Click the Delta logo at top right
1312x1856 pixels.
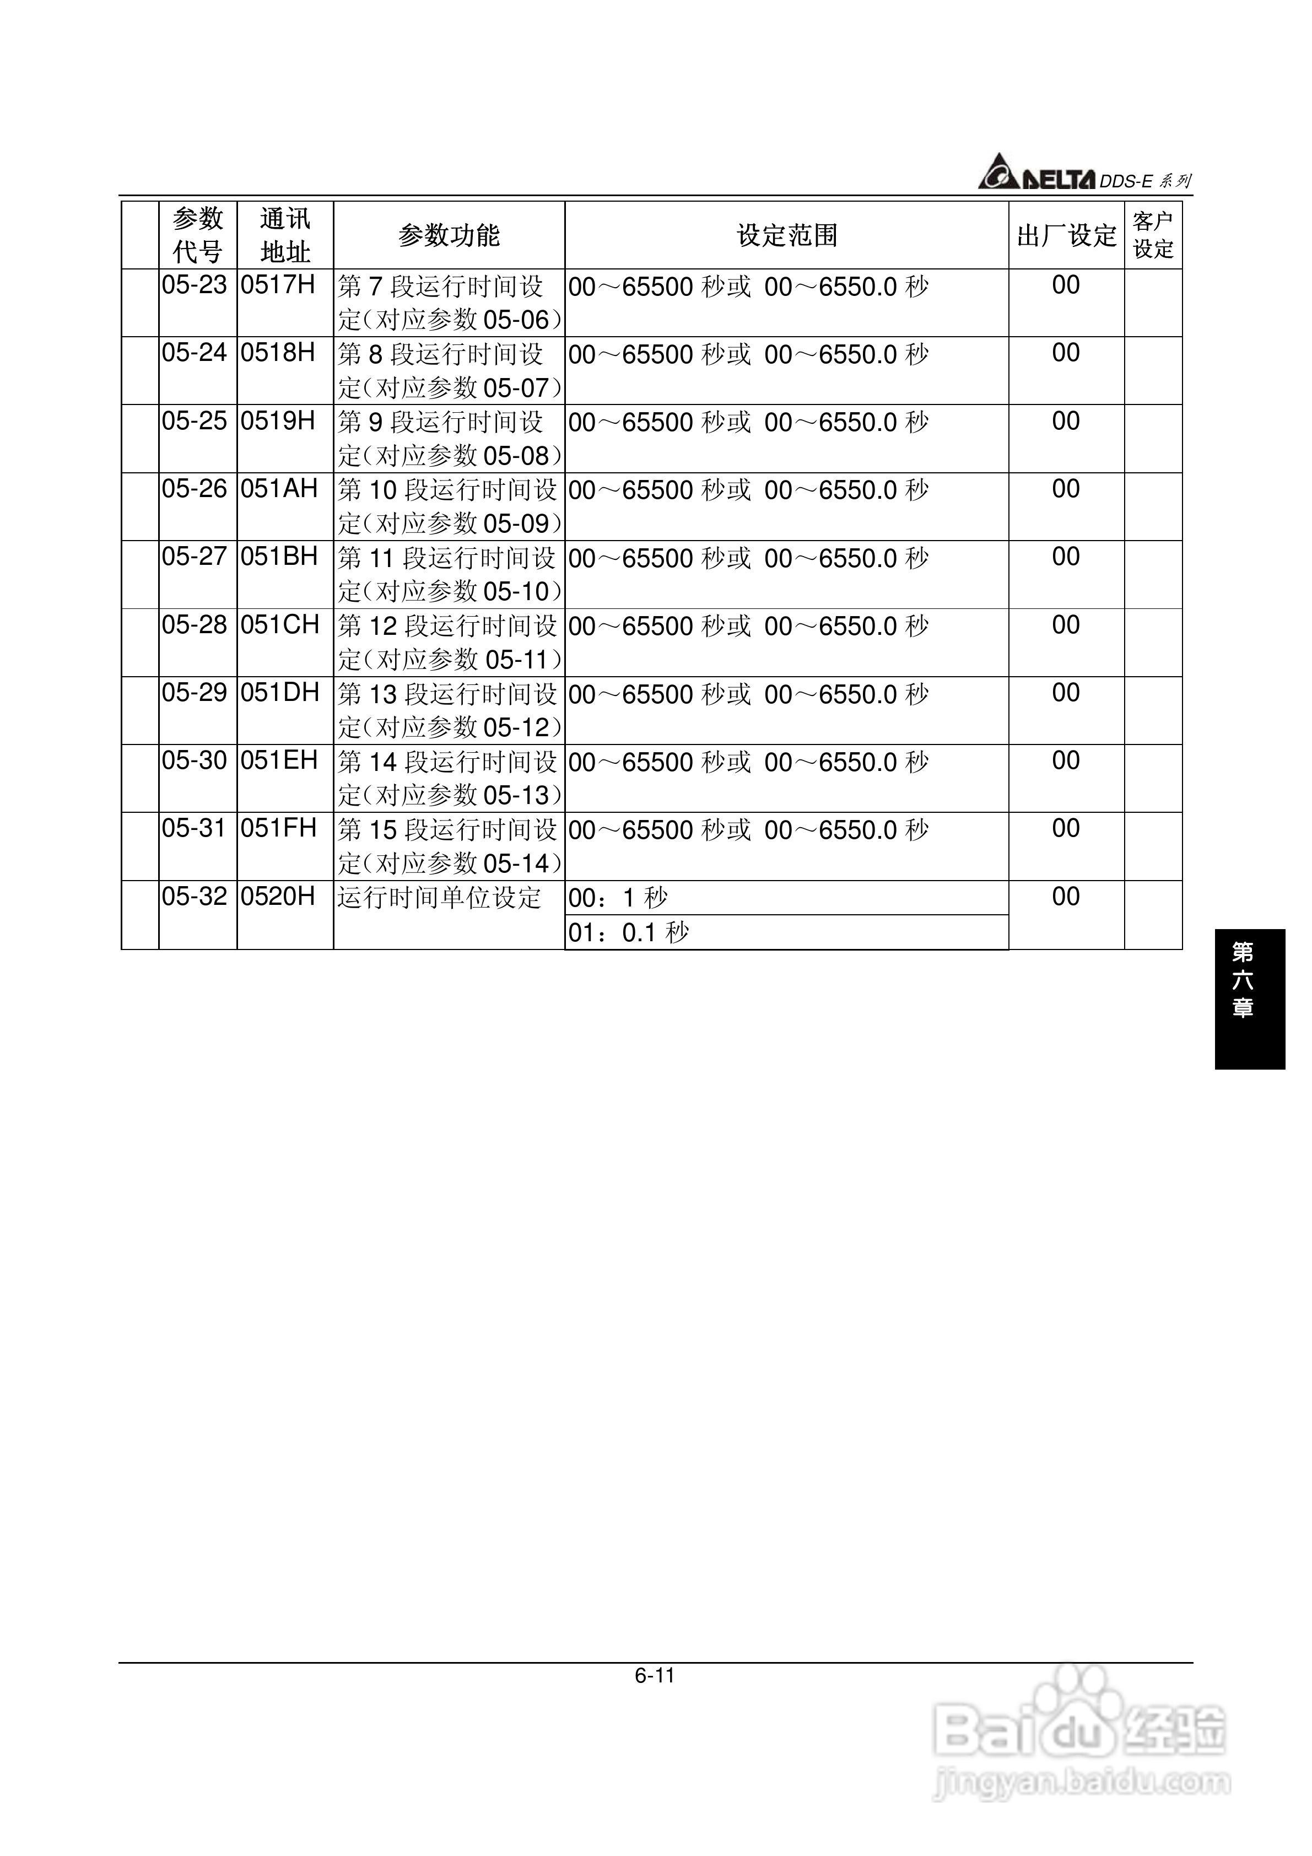click(x=1036, y=174)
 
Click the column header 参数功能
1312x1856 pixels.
click(x=449, y=235)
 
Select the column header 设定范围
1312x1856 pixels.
click(x=786, y=235)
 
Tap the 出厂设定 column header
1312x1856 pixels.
click(x=1066, y=235)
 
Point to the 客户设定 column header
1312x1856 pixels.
click(x=1153, y=235)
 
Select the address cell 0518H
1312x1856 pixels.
click(x=278, y=353)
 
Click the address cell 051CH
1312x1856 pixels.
click(x=280, y=625)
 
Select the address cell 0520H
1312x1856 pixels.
click(x=278, y=897)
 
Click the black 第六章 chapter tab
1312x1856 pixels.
click(x=1249, y=999)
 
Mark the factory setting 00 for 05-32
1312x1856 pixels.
click(x=1066, y=897)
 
